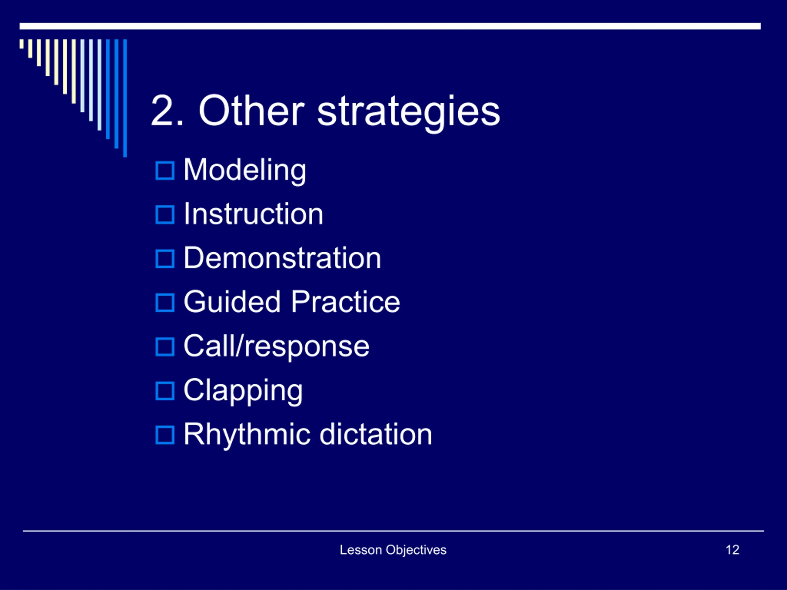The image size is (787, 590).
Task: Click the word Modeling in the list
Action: pyautogui.click(x=245, y=171)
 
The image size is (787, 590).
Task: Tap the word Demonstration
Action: pyautogui.click(x=283, y=258)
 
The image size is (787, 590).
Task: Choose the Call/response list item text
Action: pyautogui.click(x=276, y=346)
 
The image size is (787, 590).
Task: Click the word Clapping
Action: pyautogui.click(x=243, y=391)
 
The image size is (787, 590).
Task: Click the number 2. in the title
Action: pyautogui.click(x=167, y=111)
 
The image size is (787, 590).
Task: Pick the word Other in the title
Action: pyautogui.click(x=251, y=111)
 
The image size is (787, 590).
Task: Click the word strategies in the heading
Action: pyautogui.click(x=409, y=113)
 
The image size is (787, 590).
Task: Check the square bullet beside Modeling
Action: pyautogui.click(x=165, y=171)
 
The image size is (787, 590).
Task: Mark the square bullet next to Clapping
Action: pyautogui.click(x=165, y=391)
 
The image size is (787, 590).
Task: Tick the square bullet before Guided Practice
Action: pyautogui.click(x=165, y=303)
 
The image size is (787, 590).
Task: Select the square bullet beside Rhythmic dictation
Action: pyautogui.click(x=165, y=435)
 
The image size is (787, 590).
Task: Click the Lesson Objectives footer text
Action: pyautogui.click(x=393, y=550)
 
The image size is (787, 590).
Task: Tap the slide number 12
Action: pyautogui.click(x=733, y=550)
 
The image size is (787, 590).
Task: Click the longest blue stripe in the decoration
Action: pyautogui.click(x=125, y=98)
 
